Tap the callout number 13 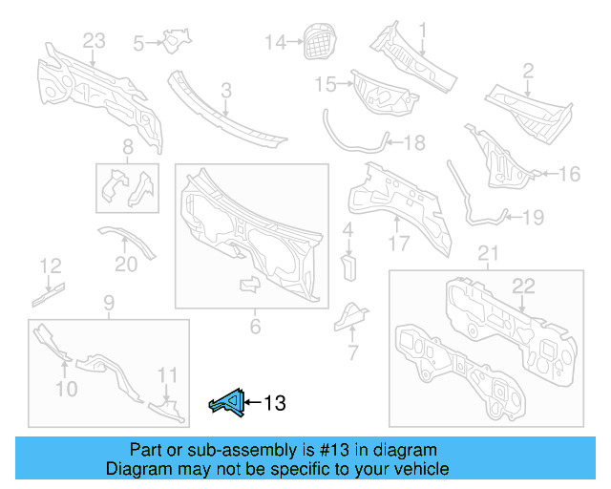pyautogui.click(x=274, y=404)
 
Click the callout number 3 pyautogui.click(x=226, y=91)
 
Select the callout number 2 pyautogui.click(x=527, y=70)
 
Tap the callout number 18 pyautogui.click(x=414, y=143)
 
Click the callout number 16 pyautogui.click(x=569, y=174)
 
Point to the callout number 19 pyautogui.click(x=533, y=218)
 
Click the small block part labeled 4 pyautogui.click(x=348, y=263)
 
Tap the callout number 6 pyautogui.click(x=255, y=328)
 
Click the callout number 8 pyautogui.click(x=127, y=147)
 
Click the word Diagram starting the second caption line pyautogui.click(x=137, y=470)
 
